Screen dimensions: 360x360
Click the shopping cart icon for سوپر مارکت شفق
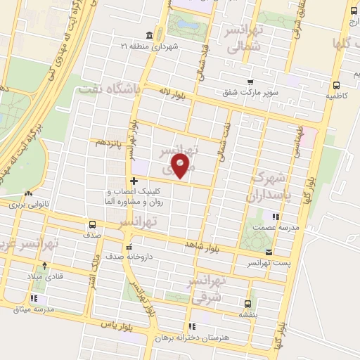250,82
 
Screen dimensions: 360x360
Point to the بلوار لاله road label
172,93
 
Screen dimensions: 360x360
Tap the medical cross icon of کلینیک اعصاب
134,181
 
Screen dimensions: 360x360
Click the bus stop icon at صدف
93,224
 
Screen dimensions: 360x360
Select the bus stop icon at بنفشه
247,303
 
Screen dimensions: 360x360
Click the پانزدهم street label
110,143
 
